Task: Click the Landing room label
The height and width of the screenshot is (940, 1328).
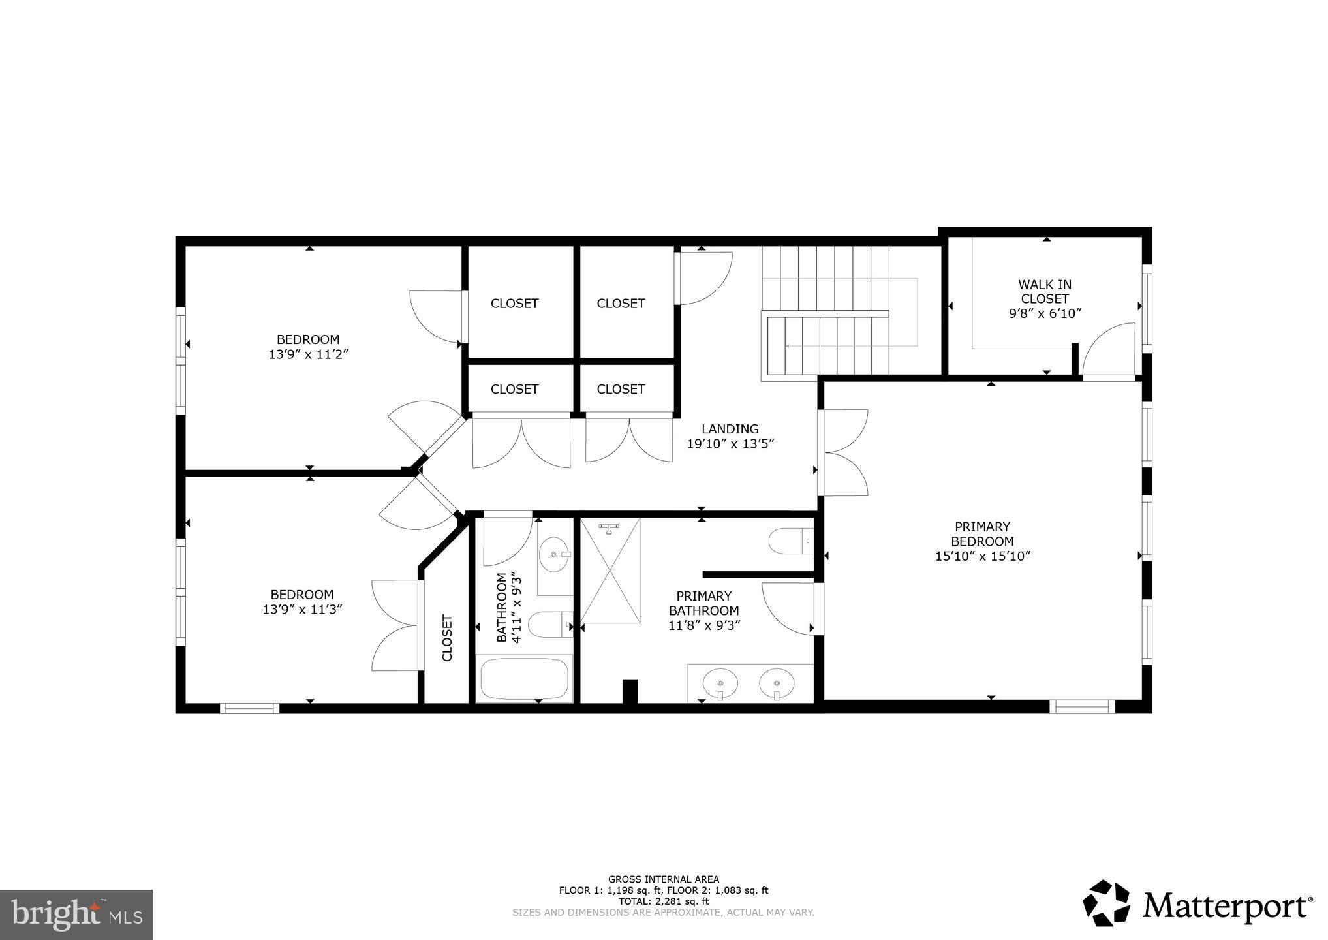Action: pyautogui.click(x=730, y=429)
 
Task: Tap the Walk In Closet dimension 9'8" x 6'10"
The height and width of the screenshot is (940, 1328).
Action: pyautogui.click(x=1045, y=313)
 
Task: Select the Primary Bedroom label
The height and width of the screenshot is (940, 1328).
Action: pyautogui.click(x=981, y=534)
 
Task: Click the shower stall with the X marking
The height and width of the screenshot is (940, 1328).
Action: pyautogui.click(x=610, y=571)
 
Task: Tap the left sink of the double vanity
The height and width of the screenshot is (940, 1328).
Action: pyautogui.click(x=720, y=683)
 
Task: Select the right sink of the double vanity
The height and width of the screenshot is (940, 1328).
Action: pyautogui.click(x=777, y=683)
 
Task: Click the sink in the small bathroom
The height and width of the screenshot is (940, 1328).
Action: pyautogui.click(x=555, y=554)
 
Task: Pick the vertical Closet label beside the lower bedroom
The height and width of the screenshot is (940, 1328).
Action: pyautogui.click(x=447, y=638)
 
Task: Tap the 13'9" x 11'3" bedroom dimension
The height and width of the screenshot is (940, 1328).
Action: pyautogui.click(x=302, y=610)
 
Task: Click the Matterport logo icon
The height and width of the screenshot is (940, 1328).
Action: pyautogui.click(x=1107, y=903)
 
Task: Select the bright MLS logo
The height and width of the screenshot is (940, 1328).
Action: pyautogui.click(x=76, y=915)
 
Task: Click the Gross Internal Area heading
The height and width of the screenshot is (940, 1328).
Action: pyautogui.click(x=663, y=879)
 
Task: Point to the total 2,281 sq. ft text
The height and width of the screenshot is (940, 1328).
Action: pyautogui.click(x=663, y=901)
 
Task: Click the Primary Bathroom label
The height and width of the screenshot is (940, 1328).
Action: pyautogui.click(x=703, y=603)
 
